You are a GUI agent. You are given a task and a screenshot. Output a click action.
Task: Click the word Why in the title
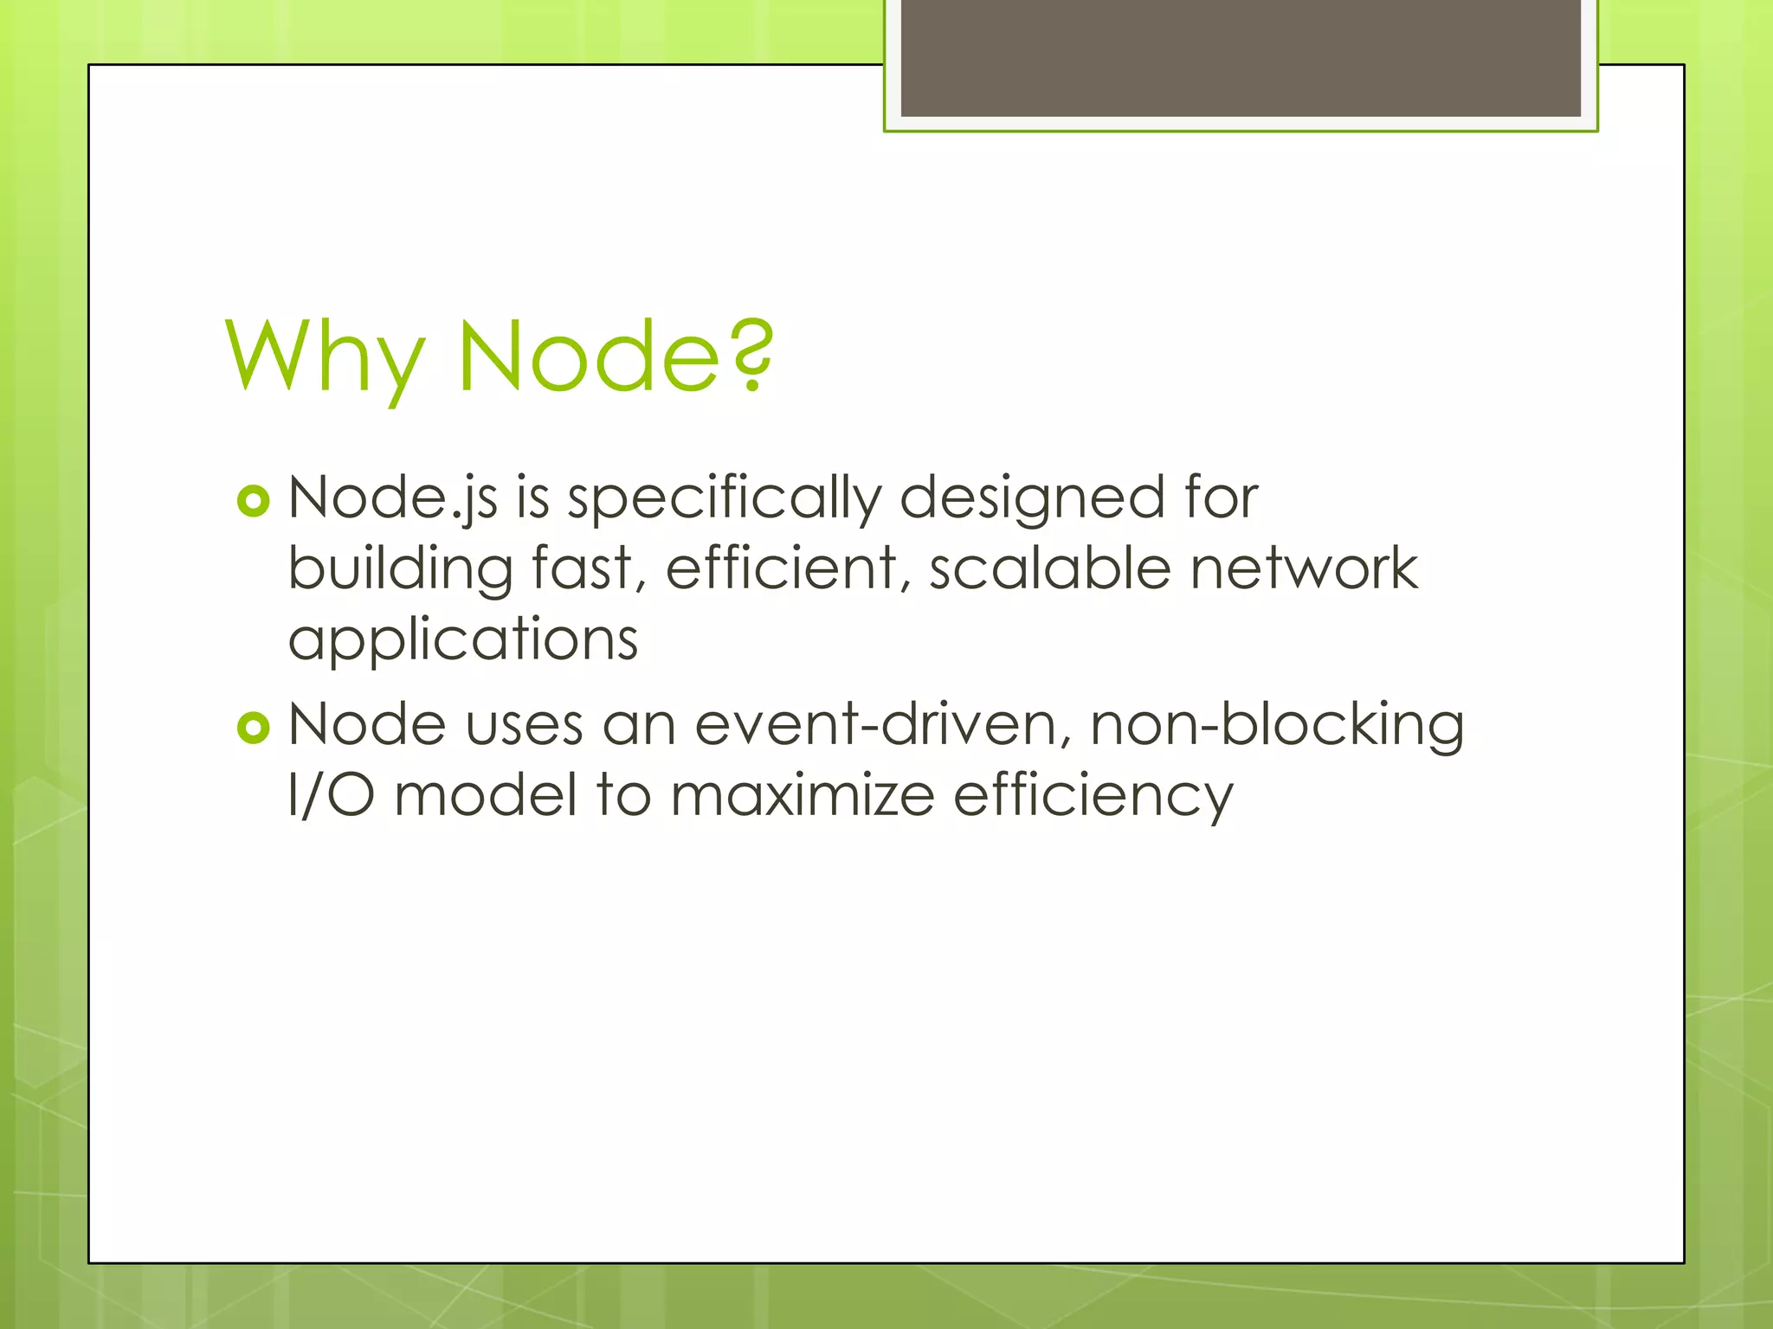tap(325, 356)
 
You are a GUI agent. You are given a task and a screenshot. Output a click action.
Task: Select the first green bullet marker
tap(254, 501)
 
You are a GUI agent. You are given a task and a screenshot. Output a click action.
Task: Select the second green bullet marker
tap(254, 728)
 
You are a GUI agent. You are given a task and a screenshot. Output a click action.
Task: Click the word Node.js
tap(392, 499)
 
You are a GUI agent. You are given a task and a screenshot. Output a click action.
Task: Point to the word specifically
tap(724, 499)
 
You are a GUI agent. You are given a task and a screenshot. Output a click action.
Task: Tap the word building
tap(400, 570)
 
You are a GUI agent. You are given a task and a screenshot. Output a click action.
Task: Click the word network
tap(1305, 568)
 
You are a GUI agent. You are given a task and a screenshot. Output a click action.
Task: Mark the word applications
tap(463, 641)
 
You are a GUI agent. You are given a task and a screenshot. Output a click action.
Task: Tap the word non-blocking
tap(1277, 724)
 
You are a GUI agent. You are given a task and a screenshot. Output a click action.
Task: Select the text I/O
tap(332, 795)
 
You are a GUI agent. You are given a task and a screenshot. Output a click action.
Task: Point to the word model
tap(485, 795)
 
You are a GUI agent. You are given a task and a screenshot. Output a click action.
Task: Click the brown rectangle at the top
tap(1241, 57)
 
